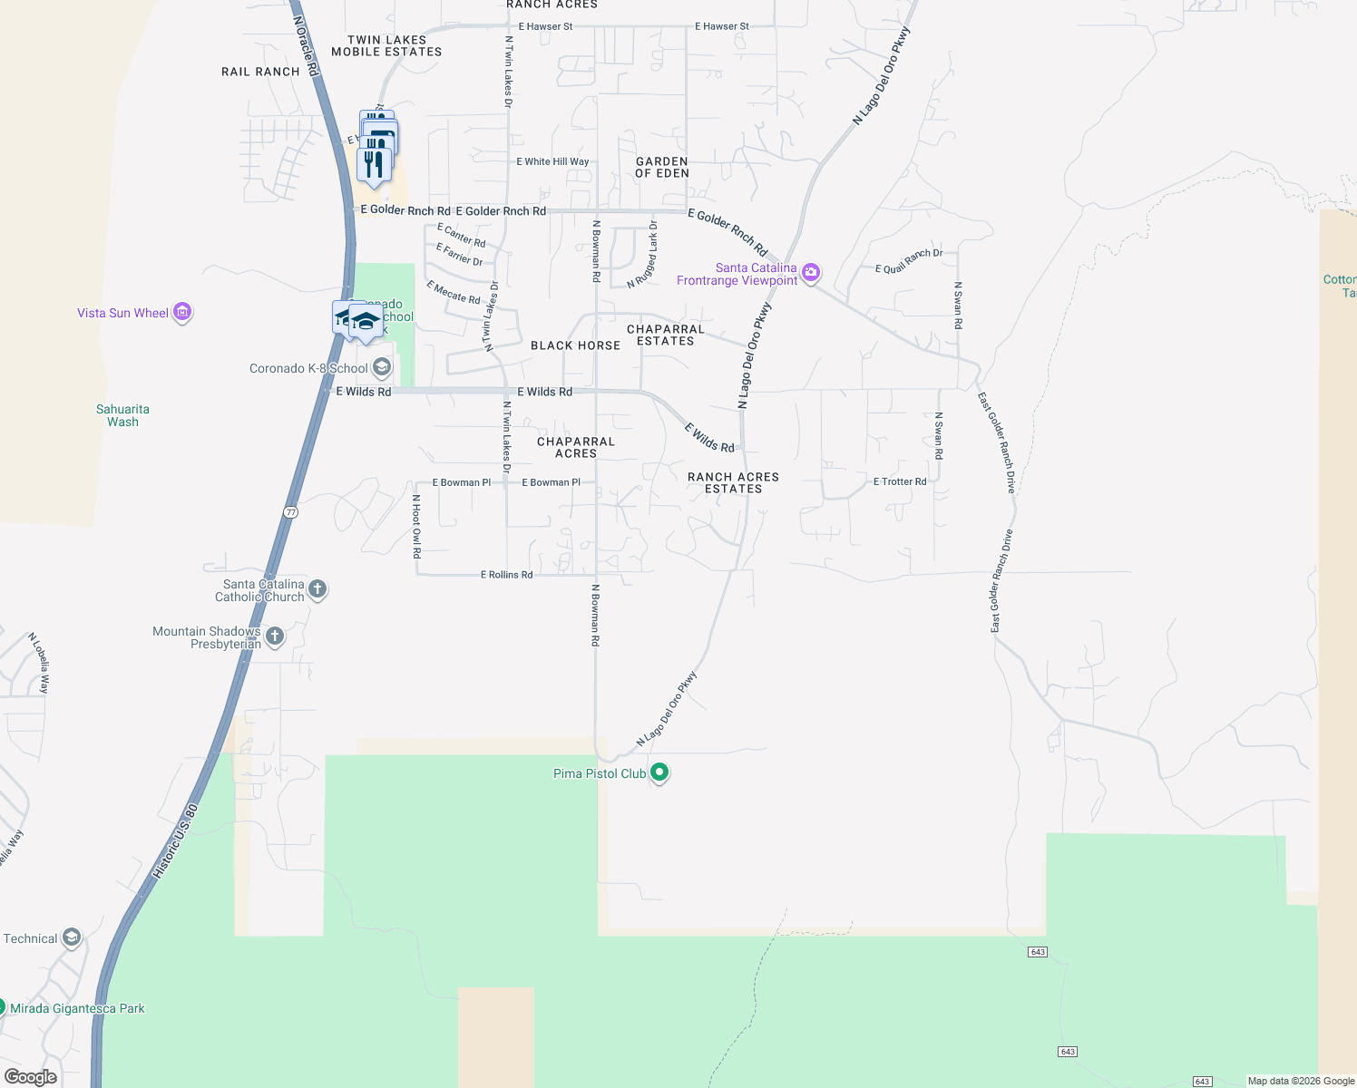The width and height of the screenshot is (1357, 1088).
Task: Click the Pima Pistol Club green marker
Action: [659, 773]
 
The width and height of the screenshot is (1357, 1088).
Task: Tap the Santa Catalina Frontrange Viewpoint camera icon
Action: [811, 272]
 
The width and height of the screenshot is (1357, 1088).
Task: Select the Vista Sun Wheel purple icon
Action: [182, 313]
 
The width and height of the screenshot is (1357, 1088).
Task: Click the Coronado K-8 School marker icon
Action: [382, 368]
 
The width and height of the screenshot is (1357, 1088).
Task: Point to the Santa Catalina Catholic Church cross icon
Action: [317, 589]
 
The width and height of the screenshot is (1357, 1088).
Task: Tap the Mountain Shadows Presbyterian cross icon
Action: [275, 636]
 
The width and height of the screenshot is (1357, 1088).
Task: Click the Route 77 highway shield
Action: [290, 512]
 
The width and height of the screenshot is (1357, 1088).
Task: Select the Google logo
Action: [31, 1076]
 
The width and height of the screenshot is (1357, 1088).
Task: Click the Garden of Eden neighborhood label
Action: [662, 167]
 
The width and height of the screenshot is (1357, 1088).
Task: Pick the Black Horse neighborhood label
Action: [575, 345]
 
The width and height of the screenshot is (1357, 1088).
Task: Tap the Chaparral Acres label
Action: [576, 447]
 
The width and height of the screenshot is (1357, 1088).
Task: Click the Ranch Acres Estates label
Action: [733, 482]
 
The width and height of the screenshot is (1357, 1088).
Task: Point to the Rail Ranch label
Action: [260, 72]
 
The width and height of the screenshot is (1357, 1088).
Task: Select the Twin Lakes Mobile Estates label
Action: [386, 46]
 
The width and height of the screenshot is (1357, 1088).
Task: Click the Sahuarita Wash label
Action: [122, 415]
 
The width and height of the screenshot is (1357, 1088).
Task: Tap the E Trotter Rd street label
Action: [900, 481]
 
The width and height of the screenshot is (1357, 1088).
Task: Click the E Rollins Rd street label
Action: [506, 575]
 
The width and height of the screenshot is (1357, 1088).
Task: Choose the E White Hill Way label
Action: [552, 161]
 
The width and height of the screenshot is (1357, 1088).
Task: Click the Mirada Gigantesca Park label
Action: [77, 1008]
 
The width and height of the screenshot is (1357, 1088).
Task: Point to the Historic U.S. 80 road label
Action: [174, 841]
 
